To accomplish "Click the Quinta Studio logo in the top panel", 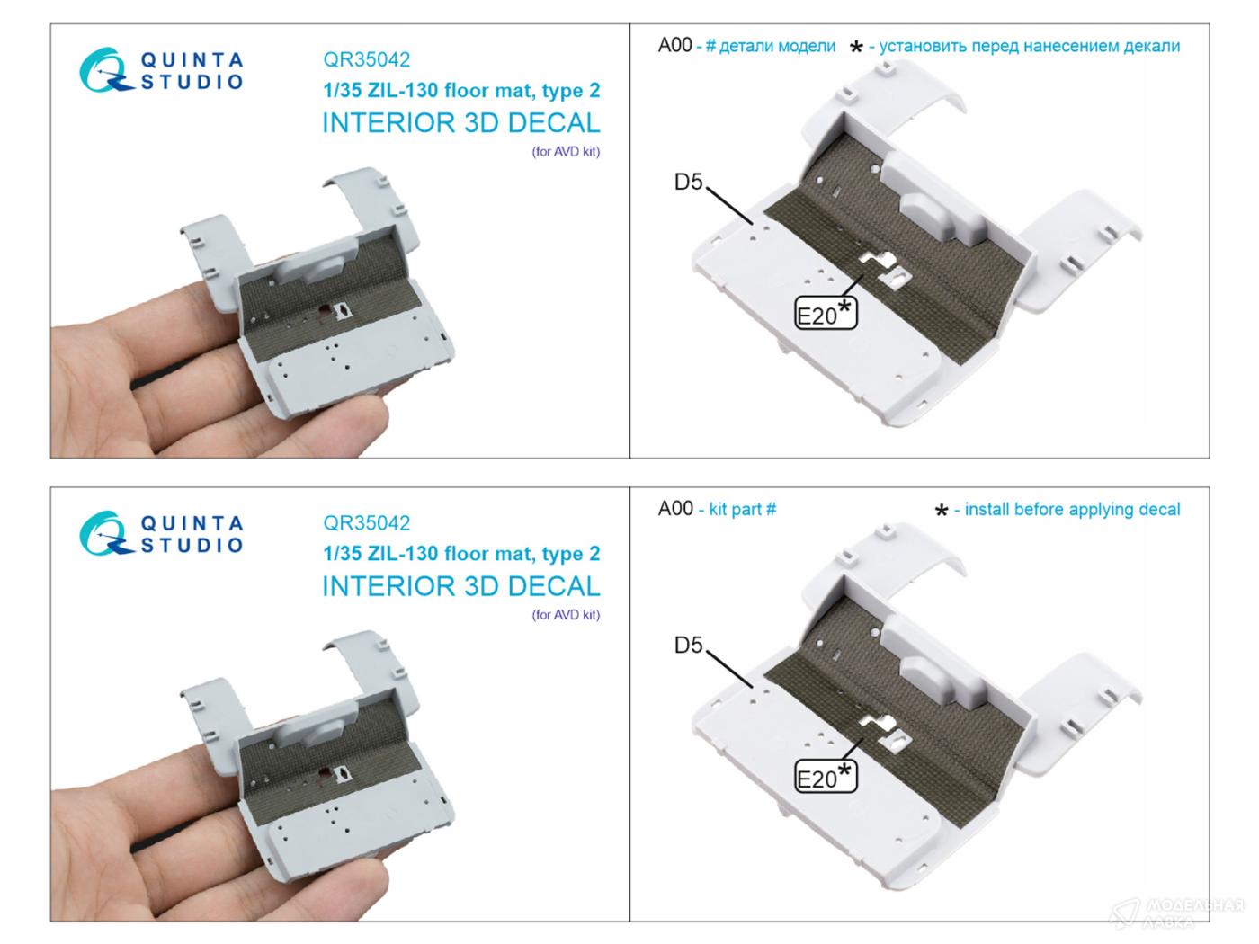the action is [161, 70].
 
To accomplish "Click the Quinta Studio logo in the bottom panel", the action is [161, 533].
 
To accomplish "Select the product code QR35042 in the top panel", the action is [367, 59].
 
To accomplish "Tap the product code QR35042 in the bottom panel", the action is [367, 522].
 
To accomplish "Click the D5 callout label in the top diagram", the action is [688, 182].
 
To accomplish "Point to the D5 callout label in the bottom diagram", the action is [688, 645].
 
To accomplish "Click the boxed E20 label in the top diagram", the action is [826, 313].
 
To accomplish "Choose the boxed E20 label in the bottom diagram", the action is [826, 776].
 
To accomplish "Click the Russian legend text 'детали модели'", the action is [777, 46].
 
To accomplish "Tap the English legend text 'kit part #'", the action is [742, 509].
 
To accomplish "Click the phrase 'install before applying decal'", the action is [1072, 510].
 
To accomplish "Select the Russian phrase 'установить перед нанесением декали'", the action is [1030, 46].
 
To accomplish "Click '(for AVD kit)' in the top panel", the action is [566, 152].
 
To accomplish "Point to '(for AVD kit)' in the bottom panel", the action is [566, 615].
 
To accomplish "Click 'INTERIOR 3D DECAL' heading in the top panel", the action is [461, 123].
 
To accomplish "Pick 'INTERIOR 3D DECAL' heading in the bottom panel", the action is [461, 586].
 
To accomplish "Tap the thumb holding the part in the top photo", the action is [338, 424].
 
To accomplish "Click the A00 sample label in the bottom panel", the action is [675, 508].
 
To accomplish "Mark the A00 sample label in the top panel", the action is [675, 45].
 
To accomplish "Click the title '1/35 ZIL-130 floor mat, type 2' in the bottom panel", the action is [461, 554].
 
